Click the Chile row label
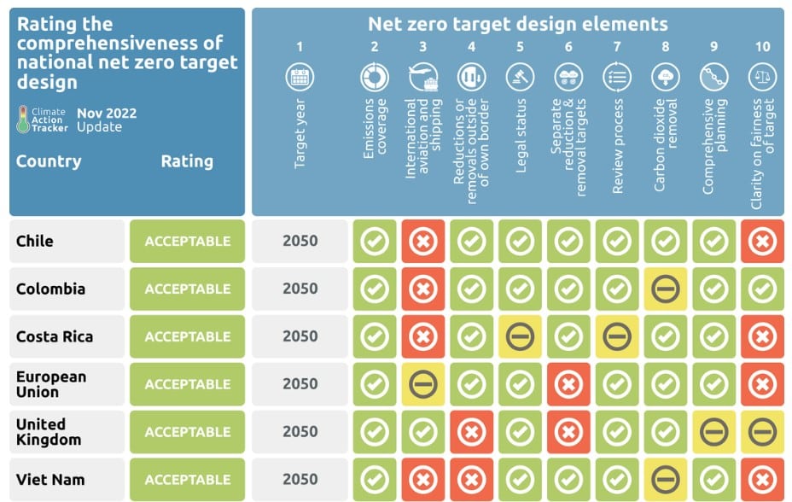35,241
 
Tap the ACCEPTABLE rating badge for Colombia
187,289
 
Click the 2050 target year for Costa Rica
300,336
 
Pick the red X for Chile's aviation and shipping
423,242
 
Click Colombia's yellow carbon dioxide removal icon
665,289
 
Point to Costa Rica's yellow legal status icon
520,337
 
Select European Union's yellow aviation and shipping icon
423,384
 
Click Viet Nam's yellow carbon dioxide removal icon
665,480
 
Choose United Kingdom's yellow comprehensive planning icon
713,432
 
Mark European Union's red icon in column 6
568,384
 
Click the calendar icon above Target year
300,78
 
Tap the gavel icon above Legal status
520,78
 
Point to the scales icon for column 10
762,78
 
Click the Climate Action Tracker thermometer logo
23,120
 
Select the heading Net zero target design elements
517,24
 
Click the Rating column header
187,161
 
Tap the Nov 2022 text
107,113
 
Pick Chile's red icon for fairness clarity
762,242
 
